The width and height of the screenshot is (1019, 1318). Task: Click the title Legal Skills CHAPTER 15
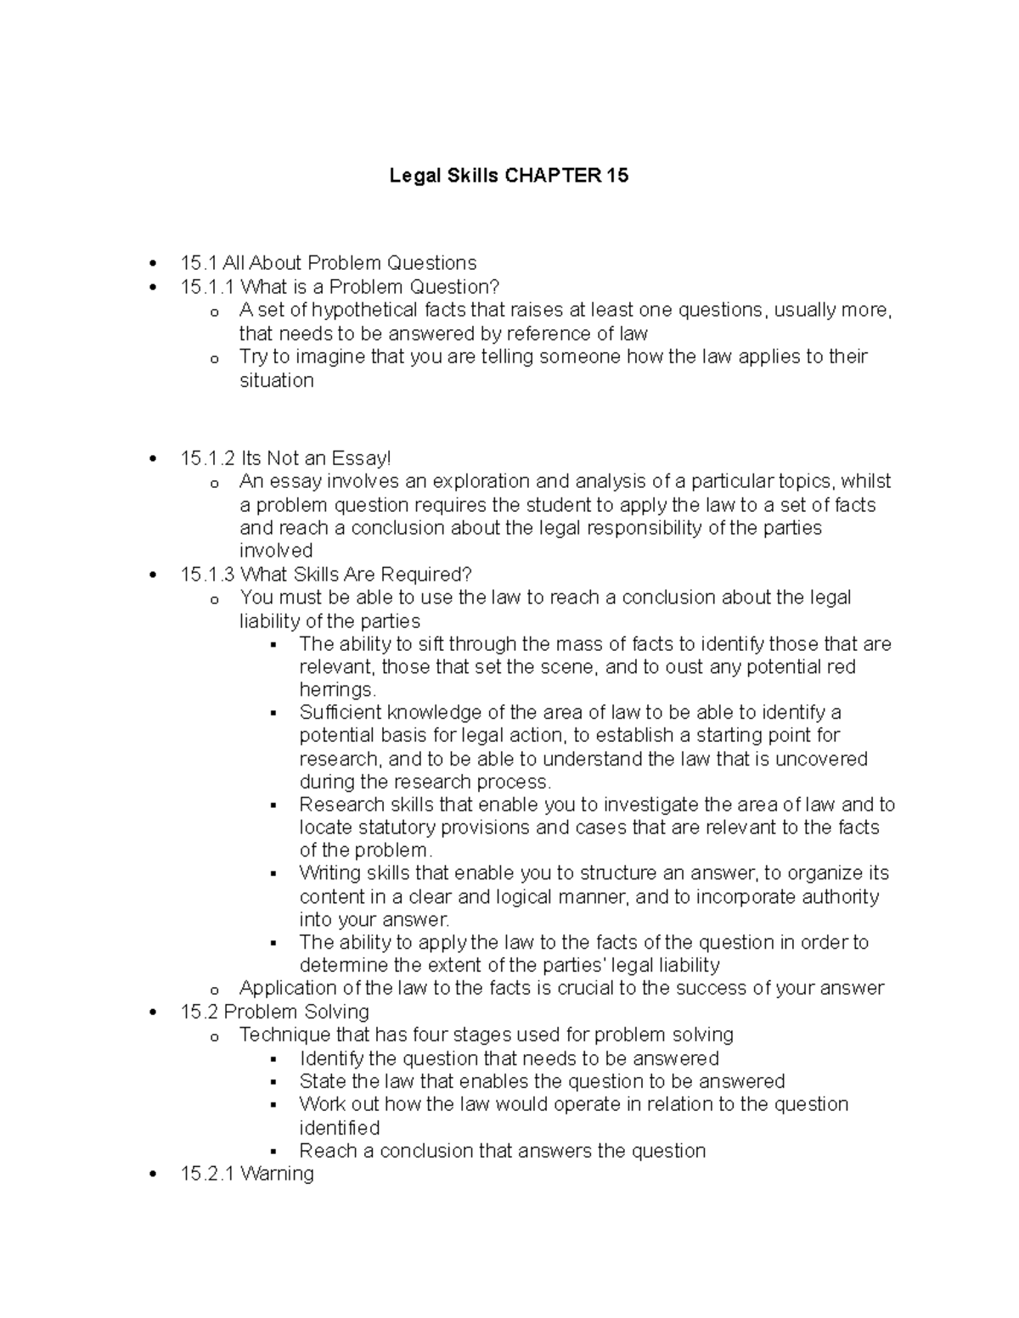[509, 176]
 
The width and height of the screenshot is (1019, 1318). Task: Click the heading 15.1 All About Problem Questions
[328, 263]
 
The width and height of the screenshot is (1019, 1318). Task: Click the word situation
[276, 380]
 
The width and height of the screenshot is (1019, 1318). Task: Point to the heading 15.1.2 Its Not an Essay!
[286, 458]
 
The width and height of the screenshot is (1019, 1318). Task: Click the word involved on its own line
[276, 551]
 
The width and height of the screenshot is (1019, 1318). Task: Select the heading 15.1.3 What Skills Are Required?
[325, 575]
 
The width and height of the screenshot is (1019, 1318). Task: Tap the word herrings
[336, 689]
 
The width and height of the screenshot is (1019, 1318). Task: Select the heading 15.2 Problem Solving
[274, 1012]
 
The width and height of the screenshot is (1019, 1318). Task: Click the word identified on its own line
[339, 1128]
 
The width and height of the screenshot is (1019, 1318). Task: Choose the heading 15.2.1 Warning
[247, 1174]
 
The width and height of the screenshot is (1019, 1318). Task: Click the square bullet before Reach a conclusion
[273, 1153]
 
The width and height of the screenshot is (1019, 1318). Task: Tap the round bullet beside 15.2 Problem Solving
[153, 1012]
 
